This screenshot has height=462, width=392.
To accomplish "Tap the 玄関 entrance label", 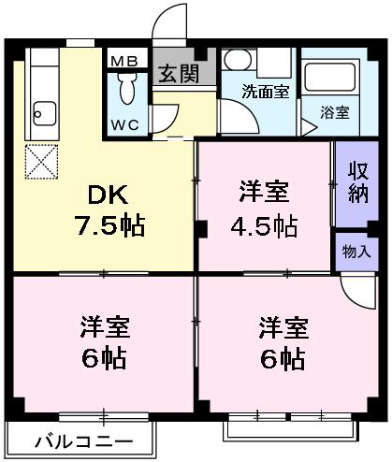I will (177, 74).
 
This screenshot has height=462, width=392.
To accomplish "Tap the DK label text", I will (109, 195).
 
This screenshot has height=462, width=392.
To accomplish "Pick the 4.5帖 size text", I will (264, 227).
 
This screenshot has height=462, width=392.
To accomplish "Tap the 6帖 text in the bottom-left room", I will (104, 359).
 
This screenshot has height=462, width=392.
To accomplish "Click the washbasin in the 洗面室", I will (238, 62).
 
